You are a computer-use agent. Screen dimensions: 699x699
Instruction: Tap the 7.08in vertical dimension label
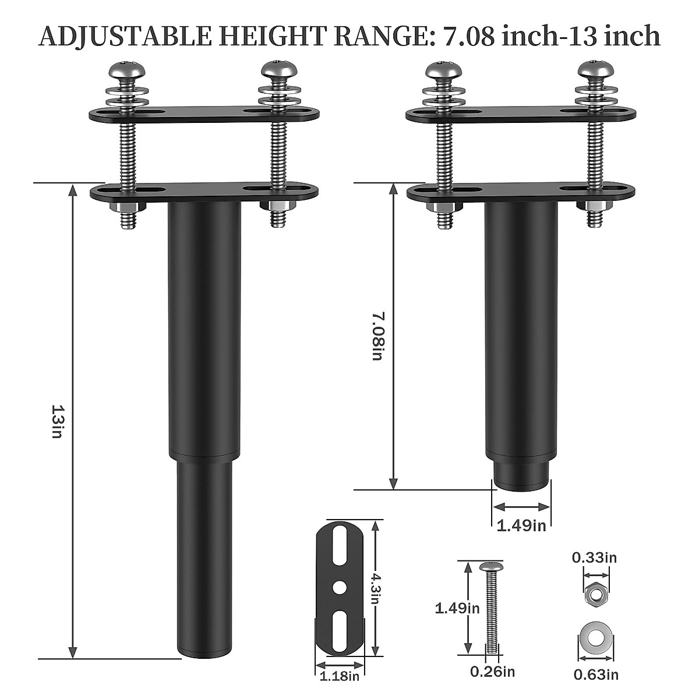click(377, 336)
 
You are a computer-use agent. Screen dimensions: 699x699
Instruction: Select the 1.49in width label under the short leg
click(521, 525)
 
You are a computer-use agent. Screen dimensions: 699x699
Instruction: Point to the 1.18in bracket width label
click(340, 676)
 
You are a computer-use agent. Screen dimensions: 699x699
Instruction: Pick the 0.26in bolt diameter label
click(493, 672)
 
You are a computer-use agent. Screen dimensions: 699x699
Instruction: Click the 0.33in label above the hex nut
click(594, 557)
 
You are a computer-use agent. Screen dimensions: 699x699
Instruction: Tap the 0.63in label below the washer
click(595, 675)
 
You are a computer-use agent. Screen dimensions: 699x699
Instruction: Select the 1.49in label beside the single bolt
click(457, 608)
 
